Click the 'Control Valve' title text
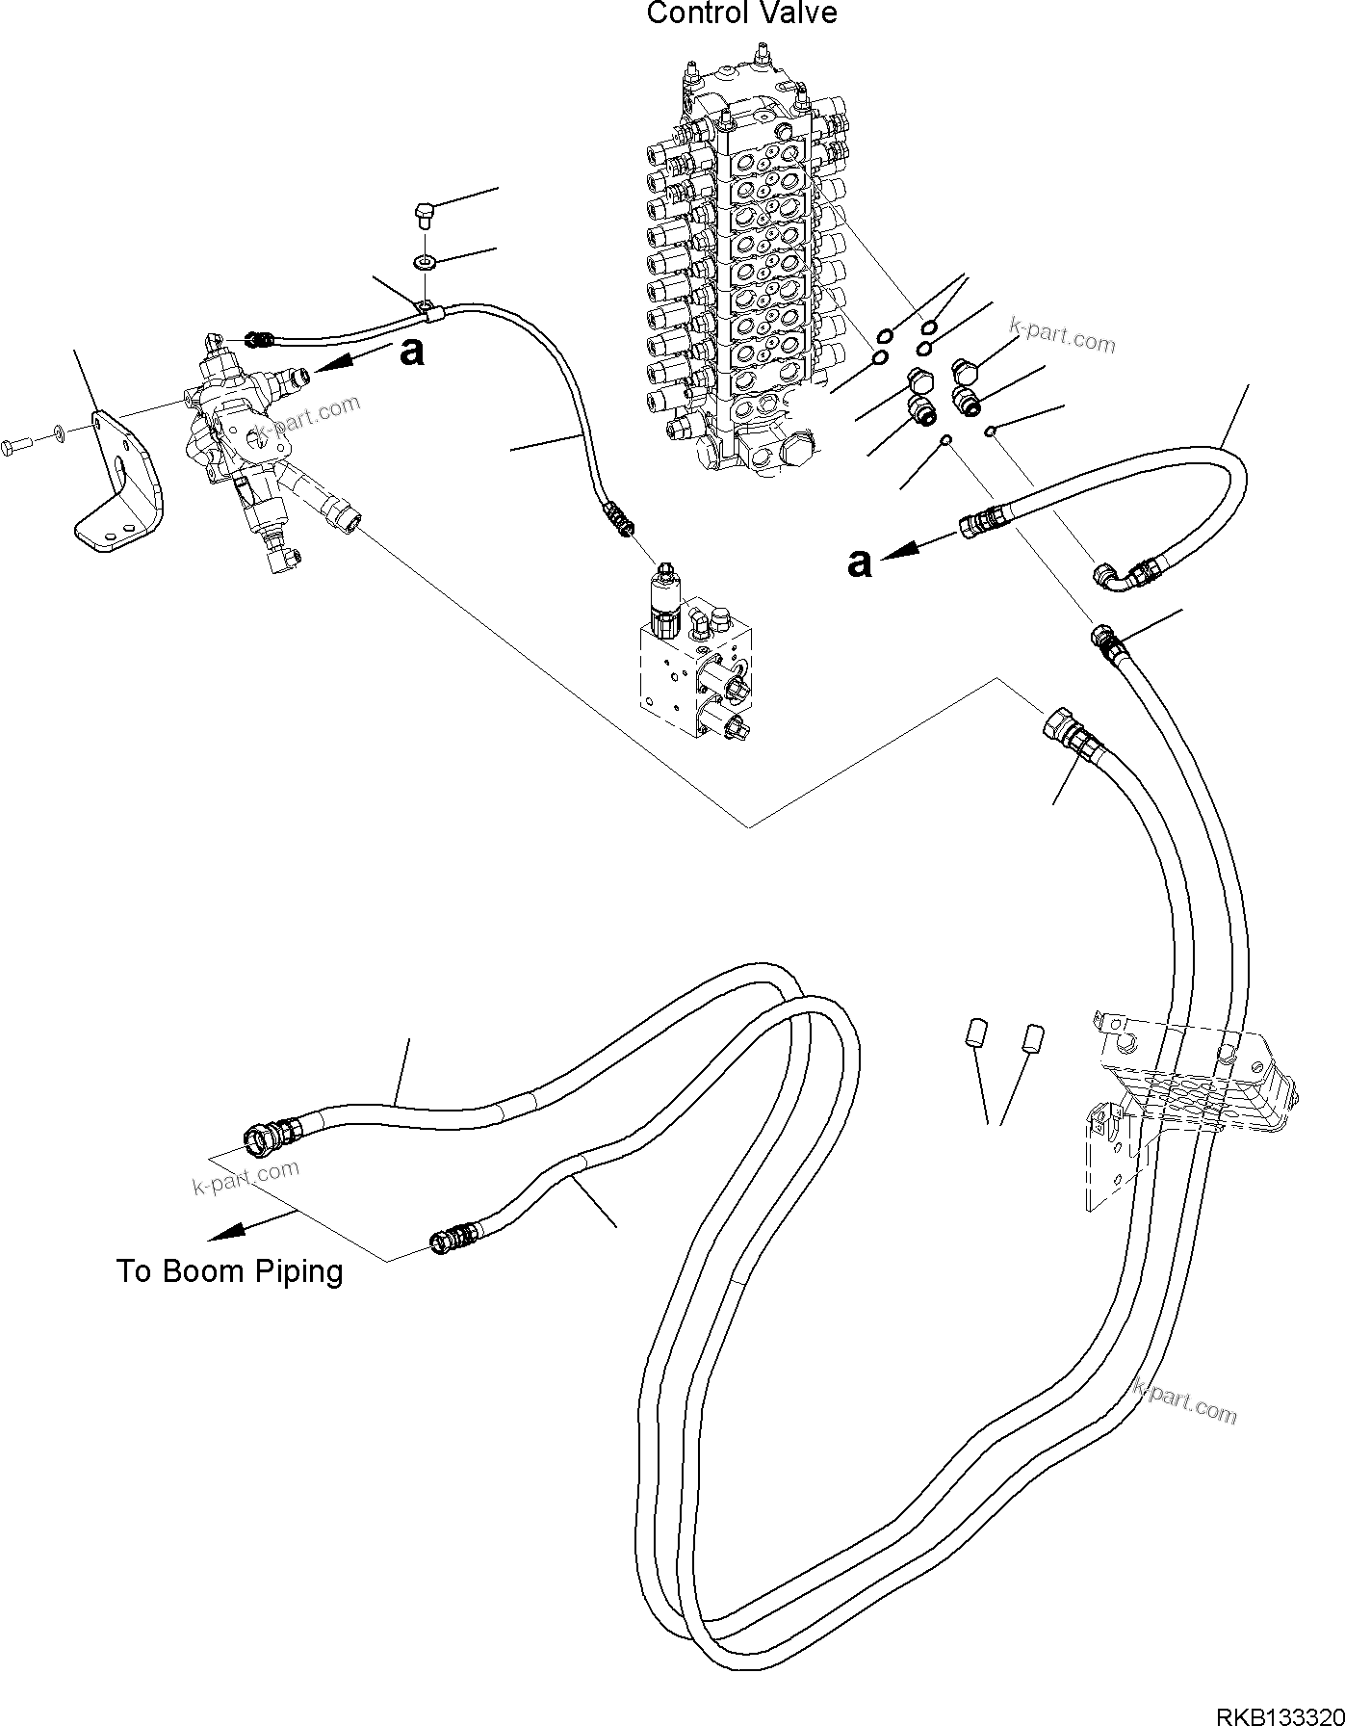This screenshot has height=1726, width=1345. [741, 13]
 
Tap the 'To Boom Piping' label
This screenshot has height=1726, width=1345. [229, 1271]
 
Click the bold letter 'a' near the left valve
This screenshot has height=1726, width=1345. [411, 352]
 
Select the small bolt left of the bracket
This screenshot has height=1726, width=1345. [18, 444]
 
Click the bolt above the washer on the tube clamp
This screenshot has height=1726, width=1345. [425, 211]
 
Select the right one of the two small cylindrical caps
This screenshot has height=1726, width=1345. [1033, 1039]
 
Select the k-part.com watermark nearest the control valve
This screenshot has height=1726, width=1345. [1062, 335]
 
